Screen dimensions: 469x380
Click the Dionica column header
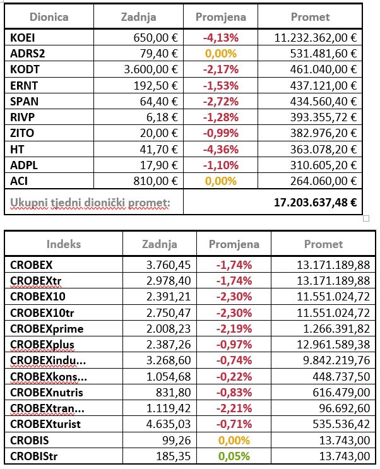49,17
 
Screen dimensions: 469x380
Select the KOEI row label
22,38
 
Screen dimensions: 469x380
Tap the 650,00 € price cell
156,38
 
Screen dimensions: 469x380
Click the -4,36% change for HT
221,149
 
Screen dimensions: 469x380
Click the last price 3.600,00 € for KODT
150,69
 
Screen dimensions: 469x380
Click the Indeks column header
63,244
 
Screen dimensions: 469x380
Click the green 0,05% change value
234,454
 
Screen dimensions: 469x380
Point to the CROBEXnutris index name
47,391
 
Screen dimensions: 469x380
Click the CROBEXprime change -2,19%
234,328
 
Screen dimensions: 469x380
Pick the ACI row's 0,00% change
221,181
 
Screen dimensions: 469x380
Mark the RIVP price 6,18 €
163,117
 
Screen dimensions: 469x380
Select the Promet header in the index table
324,244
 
